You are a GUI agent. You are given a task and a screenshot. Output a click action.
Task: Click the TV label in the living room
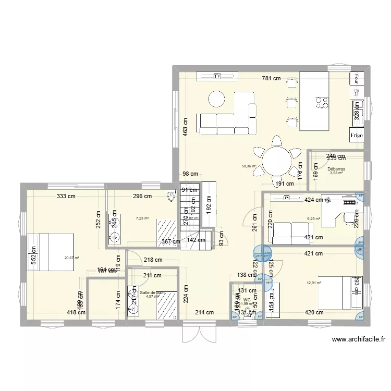click(x=217, y=77)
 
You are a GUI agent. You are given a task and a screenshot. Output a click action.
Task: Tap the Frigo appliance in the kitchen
click(x=356, y=134)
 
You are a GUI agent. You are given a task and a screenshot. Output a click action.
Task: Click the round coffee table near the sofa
click(x=216, y=97)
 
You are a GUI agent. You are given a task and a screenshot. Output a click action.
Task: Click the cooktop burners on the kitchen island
click(x=322, y=102)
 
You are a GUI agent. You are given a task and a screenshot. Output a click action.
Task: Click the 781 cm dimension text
click(x=271, y=79)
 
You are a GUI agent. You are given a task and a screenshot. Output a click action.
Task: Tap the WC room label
click(x=247, y=300)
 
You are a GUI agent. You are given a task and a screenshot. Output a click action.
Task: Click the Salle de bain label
click(x=152, y=292)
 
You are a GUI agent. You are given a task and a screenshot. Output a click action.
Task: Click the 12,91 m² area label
click(x=314, y=283)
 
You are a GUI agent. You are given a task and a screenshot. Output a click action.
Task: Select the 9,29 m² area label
click(x=314, y=219)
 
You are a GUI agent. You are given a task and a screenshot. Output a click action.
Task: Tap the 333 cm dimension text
click(x=67, y=197)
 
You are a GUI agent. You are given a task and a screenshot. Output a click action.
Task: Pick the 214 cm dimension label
click(x=204, y=313)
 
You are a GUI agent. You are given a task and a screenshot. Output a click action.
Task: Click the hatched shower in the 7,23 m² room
click(x=167, y=233)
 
